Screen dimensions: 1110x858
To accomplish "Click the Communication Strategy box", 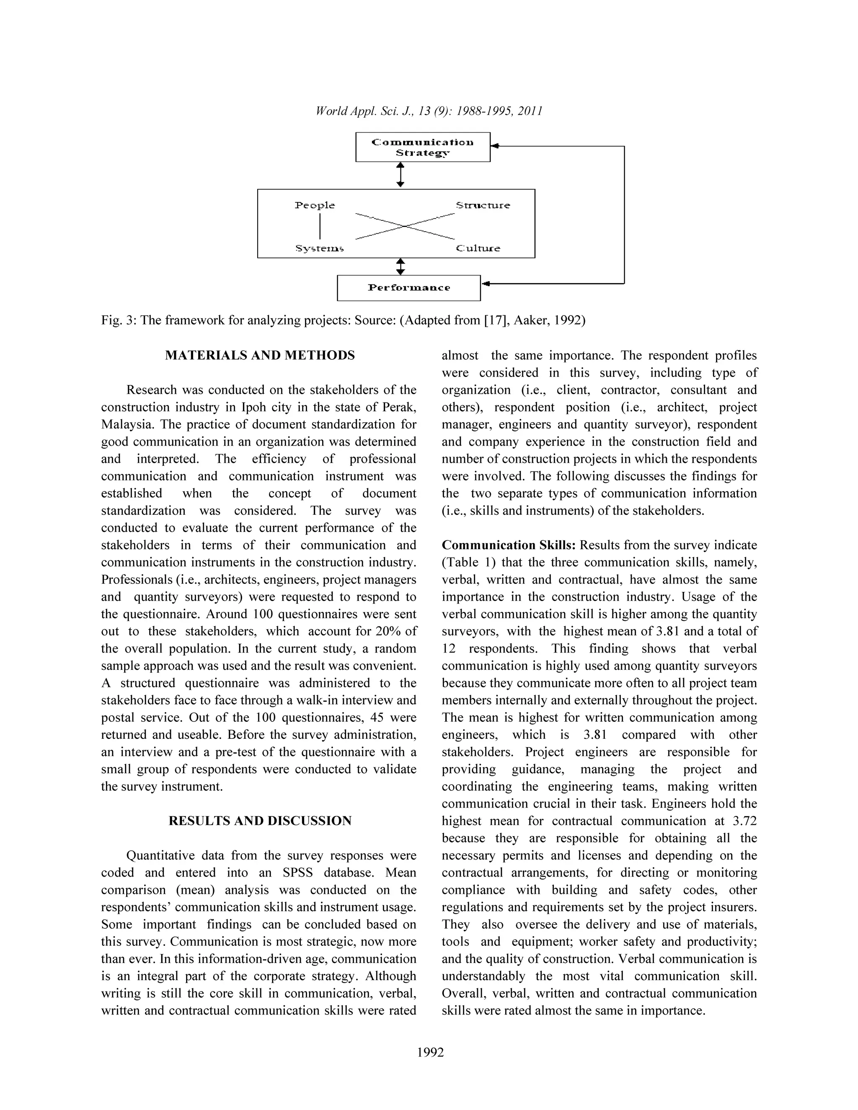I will point(422,147).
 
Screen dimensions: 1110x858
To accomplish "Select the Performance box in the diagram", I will point(408,288).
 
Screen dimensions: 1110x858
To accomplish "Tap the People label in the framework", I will point(315,205).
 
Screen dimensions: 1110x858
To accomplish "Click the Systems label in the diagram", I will point(319,248).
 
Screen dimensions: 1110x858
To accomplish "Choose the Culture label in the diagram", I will point(478,248).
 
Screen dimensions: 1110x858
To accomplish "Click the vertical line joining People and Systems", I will point(320,226).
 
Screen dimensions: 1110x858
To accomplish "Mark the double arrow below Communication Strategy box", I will point(400,175).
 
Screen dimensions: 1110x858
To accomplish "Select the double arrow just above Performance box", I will point(400,266).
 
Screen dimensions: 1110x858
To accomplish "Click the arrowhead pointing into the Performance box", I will point(486,283).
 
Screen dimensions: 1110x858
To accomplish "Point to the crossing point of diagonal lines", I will point(405,226).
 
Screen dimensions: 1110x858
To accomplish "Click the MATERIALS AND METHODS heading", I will point(260,355).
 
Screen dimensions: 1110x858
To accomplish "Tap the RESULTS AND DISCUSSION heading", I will point(260,821).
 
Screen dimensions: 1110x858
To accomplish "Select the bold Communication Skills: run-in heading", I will point(508,545).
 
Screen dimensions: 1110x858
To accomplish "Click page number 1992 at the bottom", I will point(430,1052).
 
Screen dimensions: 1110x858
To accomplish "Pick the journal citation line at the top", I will point(429,111).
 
